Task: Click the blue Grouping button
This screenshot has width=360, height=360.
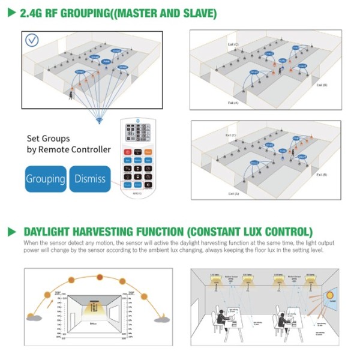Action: pyautogui.click(x=46, y=178)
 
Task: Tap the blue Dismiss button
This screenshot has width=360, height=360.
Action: pyautogui.click(x=90, y=178)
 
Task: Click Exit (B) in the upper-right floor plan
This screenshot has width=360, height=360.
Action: pyautogui.click(x=320, y=85)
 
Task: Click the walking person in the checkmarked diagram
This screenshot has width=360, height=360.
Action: pyautogui.click(x=71, y=94)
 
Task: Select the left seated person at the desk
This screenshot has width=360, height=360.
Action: pyautogui.click(x=221, y=316)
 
